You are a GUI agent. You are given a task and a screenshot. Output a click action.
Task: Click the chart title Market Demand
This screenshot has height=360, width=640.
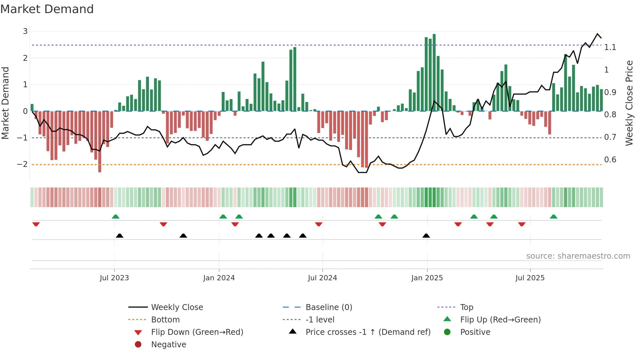[x=47, y=9]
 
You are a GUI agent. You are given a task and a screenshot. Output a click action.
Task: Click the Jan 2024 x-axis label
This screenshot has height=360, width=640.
[x=219, y=278]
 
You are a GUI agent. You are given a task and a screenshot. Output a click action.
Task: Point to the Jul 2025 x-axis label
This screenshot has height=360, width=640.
[x=530, y=278]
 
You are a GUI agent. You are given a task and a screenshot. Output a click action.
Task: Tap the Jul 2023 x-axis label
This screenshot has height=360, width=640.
[x=114, y=278]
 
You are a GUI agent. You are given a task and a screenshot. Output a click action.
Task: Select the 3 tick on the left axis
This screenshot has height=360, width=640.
[x=25, y=31]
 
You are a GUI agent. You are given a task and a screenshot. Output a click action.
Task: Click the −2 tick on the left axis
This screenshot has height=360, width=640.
[x=23, y=164]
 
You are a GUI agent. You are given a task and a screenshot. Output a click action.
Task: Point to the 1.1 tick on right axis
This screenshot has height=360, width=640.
[x=610, y=47]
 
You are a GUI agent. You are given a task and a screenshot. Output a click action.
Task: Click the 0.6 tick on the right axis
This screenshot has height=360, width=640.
[x=610, y=160]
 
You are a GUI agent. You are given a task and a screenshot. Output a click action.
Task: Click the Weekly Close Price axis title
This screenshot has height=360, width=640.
[x=629, y=103]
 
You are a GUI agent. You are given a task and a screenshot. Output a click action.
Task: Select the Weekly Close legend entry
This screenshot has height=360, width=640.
[x=177, y=307]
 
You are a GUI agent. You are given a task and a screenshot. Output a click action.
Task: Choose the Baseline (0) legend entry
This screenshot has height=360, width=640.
[x=328, y=307]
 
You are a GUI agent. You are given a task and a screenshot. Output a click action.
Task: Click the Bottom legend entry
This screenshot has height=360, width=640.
[x=165, y=320]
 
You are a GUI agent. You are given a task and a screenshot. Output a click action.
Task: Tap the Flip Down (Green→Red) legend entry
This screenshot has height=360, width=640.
[x=197, y=332]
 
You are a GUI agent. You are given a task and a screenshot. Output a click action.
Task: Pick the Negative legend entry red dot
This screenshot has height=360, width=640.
[x=138, y=345]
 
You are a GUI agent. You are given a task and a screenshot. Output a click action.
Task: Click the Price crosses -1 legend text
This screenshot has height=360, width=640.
[x=368, y=332]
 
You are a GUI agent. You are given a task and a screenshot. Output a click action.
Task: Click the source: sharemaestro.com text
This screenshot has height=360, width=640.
[x=578, y=256]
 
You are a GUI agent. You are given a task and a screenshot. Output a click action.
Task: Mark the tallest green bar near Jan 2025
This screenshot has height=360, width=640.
[x=434, y=73]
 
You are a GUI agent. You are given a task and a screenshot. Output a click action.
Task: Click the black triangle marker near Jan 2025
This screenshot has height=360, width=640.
[x=426, y=236]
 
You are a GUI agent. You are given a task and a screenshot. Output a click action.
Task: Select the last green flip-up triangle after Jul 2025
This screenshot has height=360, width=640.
[x=553, y=217]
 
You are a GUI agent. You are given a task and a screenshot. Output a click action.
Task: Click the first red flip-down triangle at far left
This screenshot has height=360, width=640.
[x=36, y=224]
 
